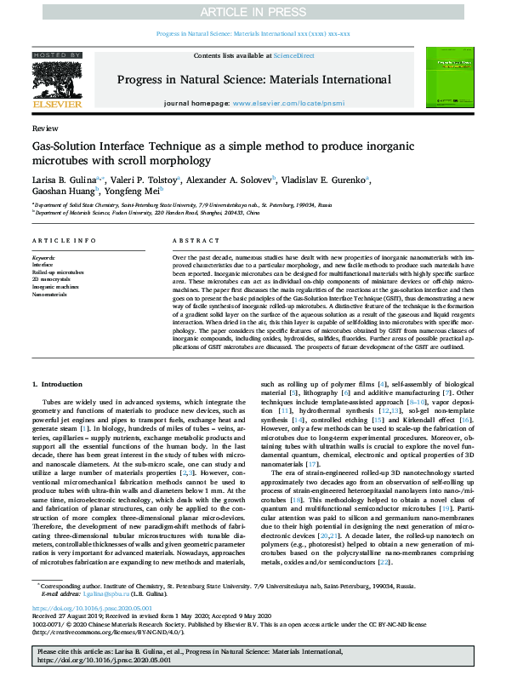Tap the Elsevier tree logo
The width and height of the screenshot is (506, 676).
[56, 84]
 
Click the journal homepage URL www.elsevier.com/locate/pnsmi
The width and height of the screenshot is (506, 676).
[283, 103]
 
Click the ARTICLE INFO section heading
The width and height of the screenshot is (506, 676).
[63, 242]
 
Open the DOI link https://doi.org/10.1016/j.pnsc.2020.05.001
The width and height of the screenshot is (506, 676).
[92, 610]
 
